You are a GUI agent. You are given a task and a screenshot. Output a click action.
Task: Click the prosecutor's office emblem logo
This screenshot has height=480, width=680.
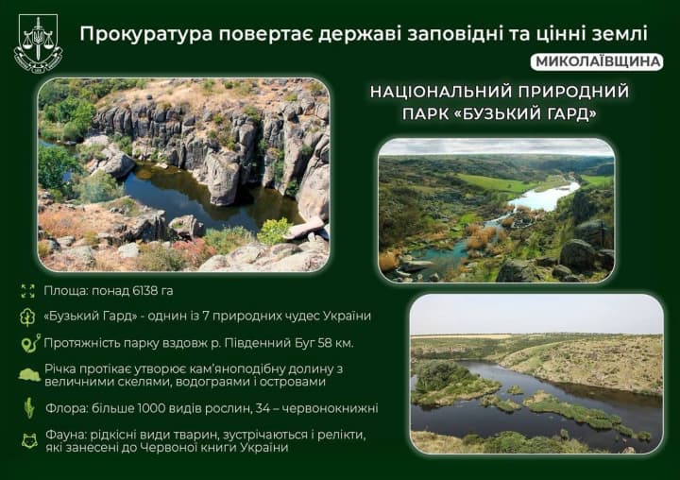[38, 42]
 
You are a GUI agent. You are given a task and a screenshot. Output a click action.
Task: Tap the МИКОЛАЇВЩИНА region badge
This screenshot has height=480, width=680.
[598, 62]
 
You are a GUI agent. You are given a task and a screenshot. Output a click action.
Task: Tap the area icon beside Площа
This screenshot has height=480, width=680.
[28, 291]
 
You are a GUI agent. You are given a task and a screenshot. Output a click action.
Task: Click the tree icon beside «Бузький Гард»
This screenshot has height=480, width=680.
[28, 316]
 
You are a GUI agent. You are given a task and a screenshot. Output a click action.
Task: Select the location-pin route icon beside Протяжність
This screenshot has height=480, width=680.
[29, 342]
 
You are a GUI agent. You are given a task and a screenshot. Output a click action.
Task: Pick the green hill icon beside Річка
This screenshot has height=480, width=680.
[29, 374]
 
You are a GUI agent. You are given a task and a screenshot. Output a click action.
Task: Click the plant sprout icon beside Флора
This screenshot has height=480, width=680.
[29, 409]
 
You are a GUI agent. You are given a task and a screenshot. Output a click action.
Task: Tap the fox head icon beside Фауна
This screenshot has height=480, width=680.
[29, 439]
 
